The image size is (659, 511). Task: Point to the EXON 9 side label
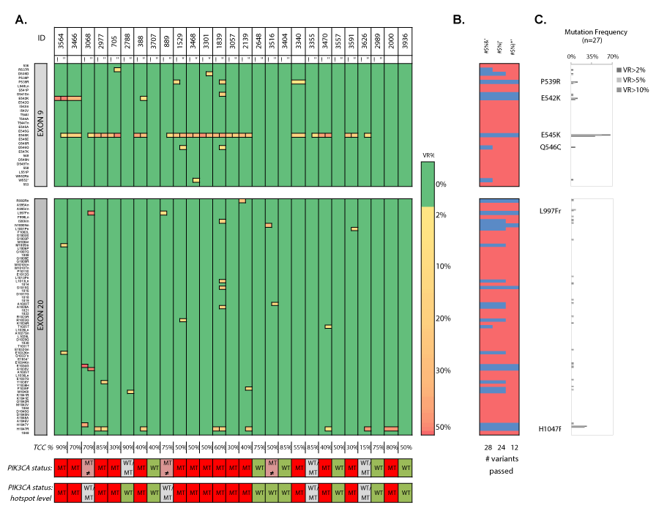(x=42, y=124)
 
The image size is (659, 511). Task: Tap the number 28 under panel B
(x=485, y=447)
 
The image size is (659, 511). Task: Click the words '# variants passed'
(x=500, y=464)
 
